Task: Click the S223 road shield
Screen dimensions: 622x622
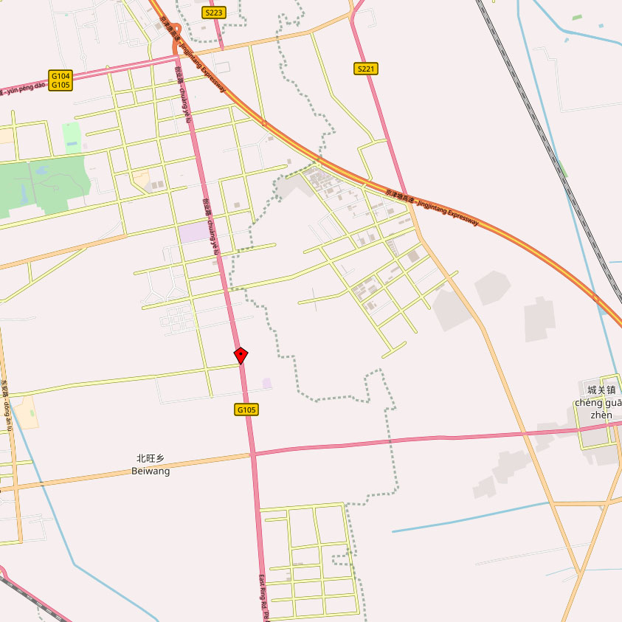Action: [214, 13]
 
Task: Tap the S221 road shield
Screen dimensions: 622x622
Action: [366, 69]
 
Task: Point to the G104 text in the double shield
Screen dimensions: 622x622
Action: [61, 75]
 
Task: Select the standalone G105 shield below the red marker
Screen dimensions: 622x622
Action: [247, 410]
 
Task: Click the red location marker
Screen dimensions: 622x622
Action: [241, 356]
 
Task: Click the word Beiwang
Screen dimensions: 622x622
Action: [151, 471]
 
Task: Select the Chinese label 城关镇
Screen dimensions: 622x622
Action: [601, 390]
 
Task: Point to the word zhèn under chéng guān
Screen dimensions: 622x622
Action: [601, 415]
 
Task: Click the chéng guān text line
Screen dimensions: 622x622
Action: [598, 402]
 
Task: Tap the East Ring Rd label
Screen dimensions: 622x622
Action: [263, 598]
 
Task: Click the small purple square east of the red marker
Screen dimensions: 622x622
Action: [267, 383]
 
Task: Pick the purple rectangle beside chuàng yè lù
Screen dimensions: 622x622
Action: [193, 232]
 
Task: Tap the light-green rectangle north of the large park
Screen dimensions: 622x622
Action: [72, 138]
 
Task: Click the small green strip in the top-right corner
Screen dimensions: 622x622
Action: [576, 17]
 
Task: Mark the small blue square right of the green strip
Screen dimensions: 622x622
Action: [601, 26]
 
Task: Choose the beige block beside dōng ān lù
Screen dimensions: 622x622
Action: [26, 413]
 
